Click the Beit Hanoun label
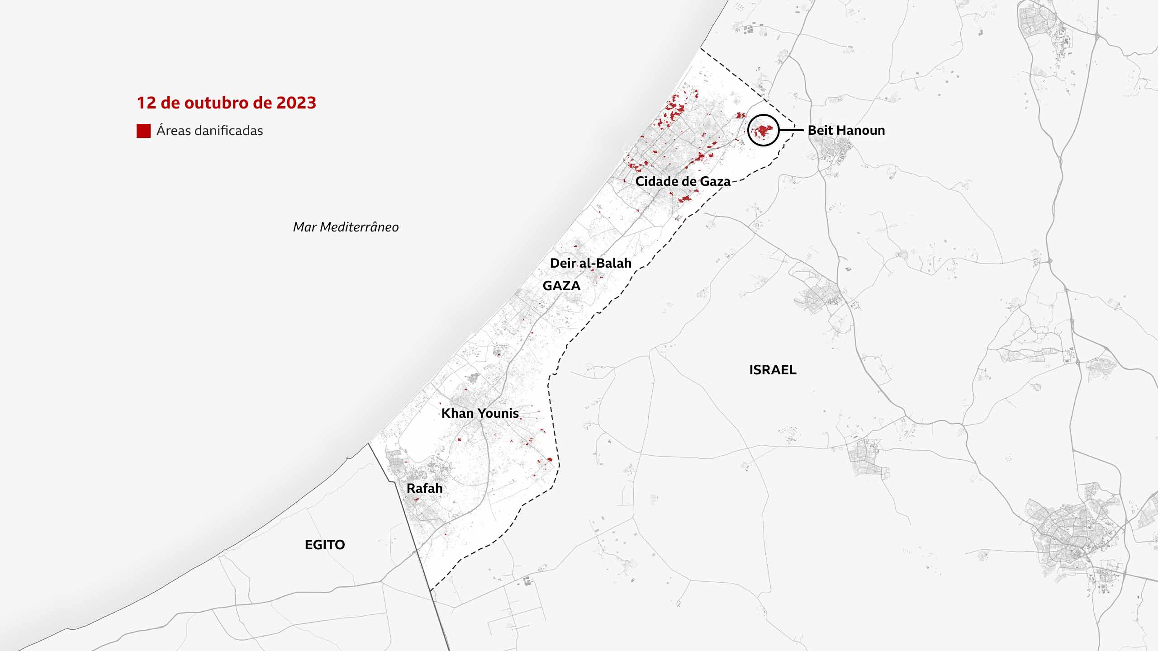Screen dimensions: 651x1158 tap(846, 131)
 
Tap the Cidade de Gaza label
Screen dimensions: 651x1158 tap(683, 182)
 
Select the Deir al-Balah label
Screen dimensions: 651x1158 tap(590, 263)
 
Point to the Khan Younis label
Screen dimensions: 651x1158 tap(480, 413)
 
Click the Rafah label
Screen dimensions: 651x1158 tap(424, 488)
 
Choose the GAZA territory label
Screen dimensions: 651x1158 tap(561, 286)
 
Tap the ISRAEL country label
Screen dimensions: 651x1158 tap(773, 370)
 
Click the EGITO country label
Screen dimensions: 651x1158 tap(325, 545)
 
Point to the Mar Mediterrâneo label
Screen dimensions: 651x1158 tap(346, 227)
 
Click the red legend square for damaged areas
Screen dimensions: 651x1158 tap(143, 131)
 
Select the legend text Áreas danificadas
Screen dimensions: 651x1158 tap(209, 131)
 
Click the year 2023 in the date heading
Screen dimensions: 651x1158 tap(296, 103)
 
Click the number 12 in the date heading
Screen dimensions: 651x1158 tap(146, 103)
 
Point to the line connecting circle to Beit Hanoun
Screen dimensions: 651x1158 tap(791, 131)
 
